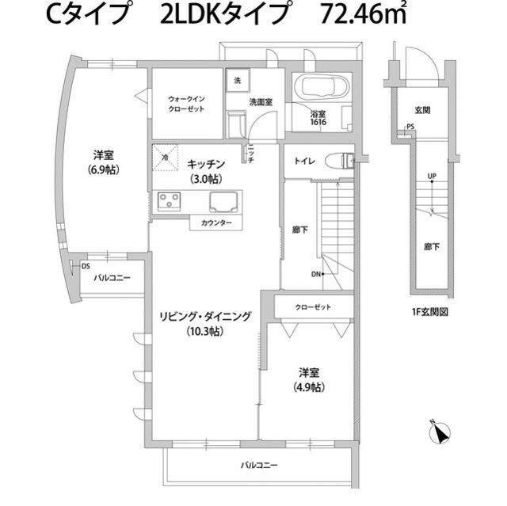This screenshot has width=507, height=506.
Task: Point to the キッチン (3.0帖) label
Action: pos(207,170)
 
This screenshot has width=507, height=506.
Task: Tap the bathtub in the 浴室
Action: pos(321,88)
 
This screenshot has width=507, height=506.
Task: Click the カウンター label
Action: pos(215,223)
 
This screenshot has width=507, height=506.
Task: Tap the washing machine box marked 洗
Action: pos(237,80)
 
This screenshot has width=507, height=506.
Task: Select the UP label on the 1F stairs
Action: pos(431,176)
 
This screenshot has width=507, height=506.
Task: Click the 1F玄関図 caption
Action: pos(430,312)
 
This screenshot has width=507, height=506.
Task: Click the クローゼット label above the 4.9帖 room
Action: pos(313,306)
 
